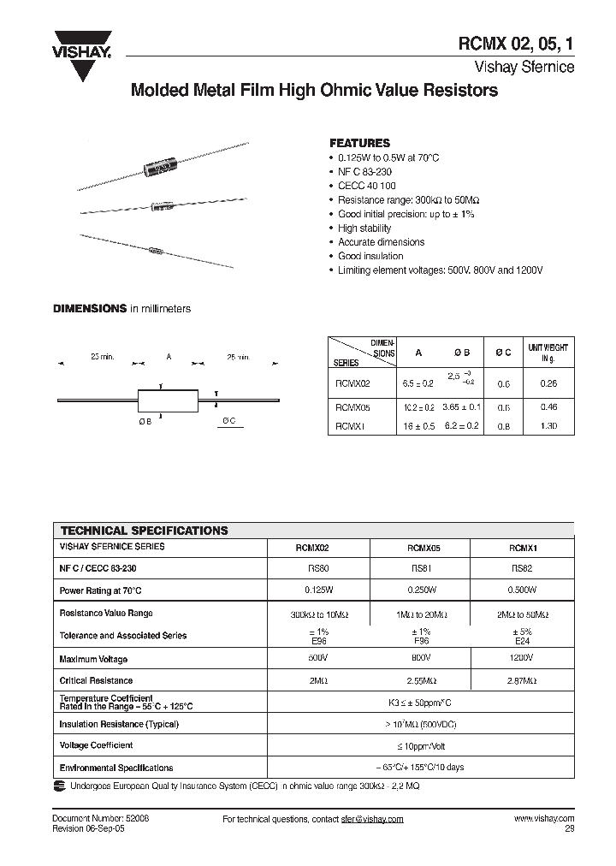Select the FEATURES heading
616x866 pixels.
point(359,143)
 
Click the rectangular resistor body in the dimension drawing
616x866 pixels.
point(167,400)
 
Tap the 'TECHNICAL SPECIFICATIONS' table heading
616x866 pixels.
point(144,531)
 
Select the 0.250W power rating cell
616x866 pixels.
point(419,590)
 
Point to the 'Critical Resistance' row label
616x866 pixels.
point(96,680)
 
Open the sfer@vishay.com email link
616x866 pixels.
point(367,819)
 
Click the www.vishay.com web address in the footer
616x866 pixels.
point(543,819)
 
